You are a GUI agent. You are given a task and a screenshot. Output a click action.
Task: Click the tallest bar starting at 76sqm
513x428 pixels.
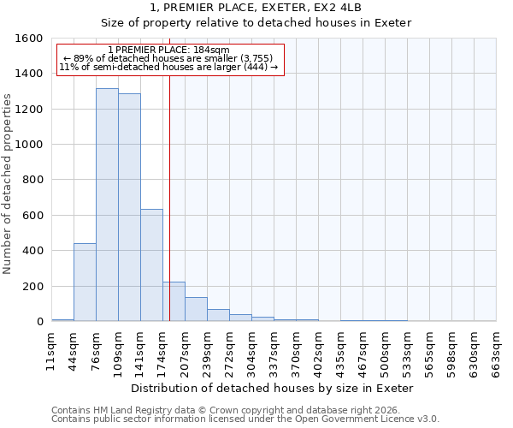pyautogui.click(x=107, y=205)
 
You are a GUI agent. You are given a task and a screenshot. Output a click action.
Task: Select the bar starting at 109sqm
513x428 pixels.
pyautogui.click(x=129, y=208)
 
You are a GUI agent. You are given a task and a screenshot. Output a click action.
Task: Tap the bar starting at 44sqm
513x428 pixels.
pyautogui.click(x=85, y=282)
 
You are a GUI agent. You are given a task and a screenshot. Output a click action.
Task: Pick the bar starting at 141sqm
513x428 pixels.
pyautogui.click(x=151, y=265)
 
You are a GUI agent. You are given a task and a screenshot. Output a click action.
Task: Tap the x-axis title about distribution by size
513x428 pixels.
pyautogui.click(x=273, y=388)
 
